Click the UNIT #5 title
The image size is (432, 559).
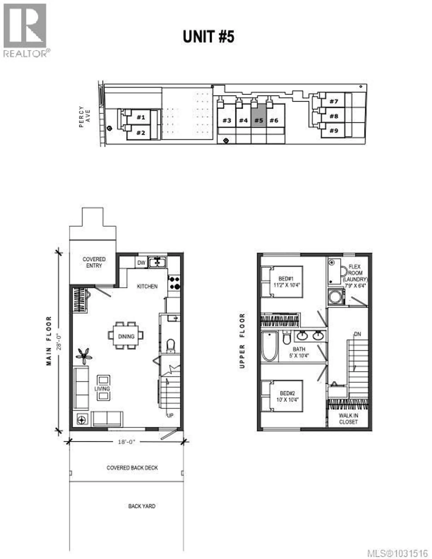pos(208,37)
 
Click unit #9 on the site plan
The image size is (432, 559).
pos(334,131)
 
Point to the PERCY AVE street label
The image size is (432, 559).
pos(85,117)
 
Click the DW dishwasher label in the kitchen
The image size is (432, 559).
pos(141,263)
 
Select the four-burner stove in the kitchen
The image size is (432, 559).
pos(174,283)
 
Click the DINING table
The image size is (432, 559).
pos(126,336)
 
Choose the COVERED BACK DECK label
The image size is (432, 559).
pos(132,468)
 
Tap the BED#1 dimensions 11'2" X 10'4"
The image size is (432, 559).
pos(287,285)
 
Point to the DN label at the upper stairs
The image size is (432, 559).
pos(358,334)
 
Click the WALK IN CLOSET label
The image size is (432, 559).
pos(348,419)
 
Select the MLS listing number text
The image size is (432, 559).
pos(397,553)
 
